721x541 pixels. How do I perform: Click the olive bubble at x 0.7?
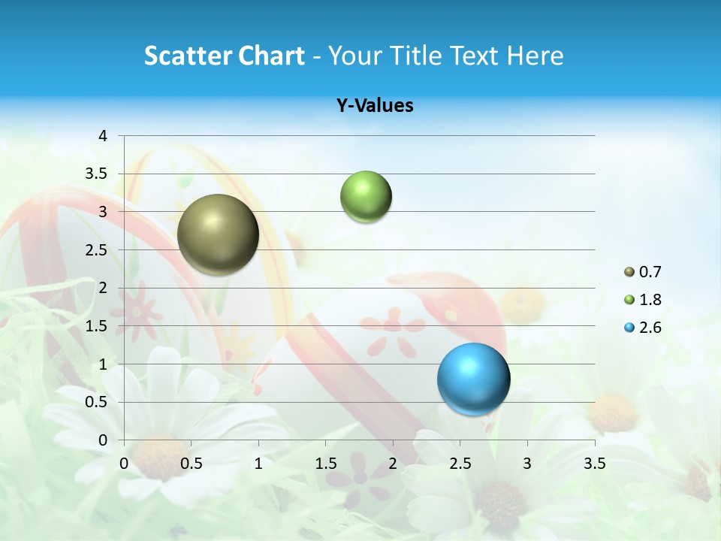pyautogui.click(x=219, y=234)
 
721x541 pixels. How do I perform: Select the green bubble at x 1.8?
pyautogui.click(x=366, y=197)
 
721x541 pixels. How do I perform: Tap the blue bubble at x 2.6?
pyautogui.click(x=473, y=379)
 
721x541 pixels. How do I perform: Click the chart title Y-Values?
pyautogui.click(x=375, y=106)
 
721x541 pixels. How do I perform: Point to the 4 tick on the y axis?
pyautogui.click(x=103, y=136)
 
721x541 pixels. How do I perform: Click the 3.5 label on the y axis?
pyautogui.click(x=97, y=174)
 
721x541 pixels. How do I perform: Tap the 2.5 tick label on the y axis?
pyautogui.click(x=97, y=250)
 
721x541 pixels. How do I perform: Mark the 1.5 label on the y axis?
pyautogui.click(x=97, y=326)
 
